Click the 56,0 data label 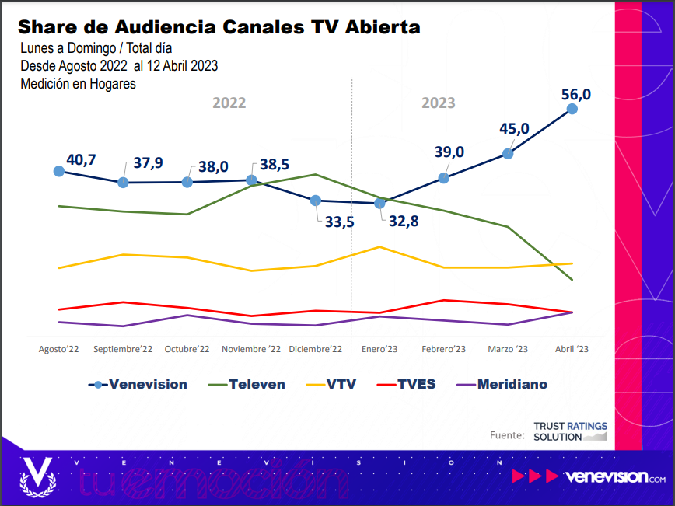576,95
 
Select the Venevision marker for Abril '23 572,109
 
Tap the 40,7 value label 81,160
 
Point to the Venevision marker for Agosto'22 58,171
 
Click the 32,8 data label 404,222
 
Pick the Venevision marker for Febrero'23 444,178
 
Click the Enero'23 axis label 379,350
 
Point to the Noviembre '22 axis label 251,350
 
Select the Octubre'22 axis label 187,350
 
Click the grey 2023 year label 439,103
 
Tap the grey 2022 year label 229,103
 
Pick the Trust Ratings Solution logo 570,432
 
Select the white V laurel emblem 37,475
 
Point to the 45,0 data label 514,129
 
